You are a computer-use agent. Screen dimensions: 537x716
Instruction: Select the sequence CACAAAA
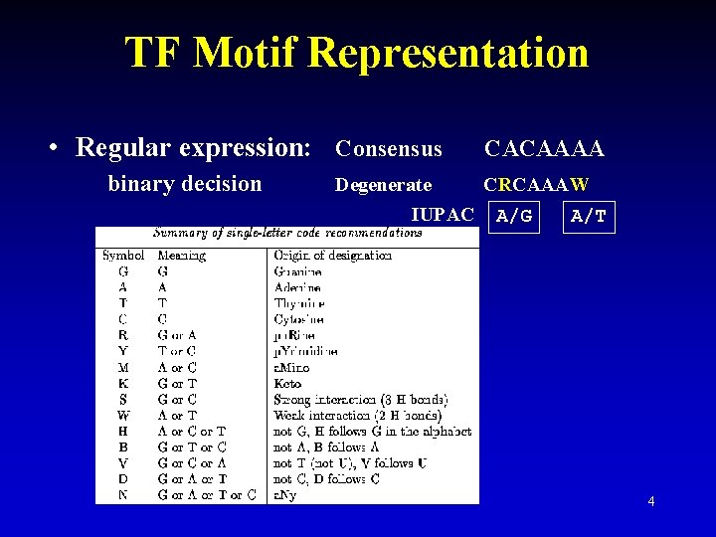(x=543, y=149)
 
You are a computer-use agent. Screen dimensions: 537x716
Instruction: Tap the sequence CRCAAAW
(x=536, y=185)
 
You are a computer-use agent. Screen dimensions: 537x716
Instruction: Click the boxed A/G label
(x=514, y=216)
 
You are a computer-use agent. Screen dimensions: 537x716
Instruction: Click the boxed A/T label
(x=589, y=216)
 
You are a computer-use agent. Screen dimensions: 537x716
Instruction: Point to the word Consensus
(x=389, y=149)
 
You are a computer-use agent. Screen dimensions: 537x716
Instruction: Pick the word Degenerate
(x=384, y=185)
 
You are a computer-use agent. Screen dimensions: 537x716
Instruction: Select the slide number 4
(x=650, y=501)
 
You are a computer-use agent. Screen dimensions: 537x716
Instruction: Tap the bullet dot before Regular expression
(x=58, y=149)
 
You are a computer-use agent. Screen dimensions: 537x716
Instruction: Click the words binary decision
(x=185, y=184)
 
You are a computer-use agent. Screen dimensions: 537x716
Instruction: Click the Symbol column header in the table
(x=123, y=256)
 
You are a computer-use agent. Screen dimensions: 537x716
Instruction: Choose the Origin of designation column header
(x=332, y=256)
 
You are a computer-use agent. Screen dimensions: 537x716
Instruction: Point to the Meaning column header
(x=181, y=256)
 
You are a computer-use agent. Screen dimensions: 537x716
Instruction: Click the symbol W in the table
(x=123, y=415)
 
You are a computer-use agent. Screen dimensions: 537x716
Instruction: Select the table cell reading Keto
(x=287, y=383)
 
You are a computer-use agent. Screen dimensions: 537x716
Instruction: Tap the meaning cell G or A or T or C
(x=206, y=495)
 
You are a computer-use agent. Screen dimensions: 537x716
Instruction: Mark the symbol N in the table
(x=122, y=495)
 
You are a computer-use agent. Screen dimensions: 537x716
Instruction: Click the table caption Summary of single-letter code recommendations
(x=286, y=233)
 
